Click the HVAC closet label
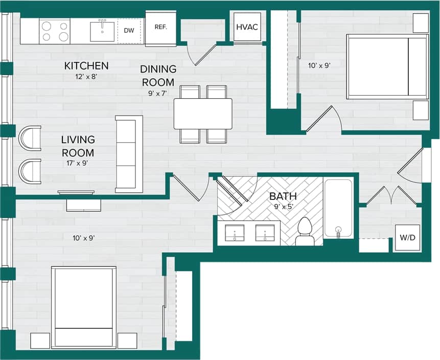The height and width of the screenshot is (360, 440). click(x=247, y=28)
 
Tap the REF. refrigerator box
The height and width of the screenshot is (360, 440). click(x=160, y=28)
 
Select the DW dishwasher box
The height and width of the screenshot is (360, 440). click(x=129, y=31)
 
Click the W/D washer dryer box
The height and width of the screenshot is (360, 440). click(x=407, y=238)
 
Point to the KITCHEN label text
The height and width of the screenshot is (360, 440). click(x=86, y=66)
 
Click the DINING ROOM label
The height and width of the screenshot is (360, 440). click(x=158, y=75)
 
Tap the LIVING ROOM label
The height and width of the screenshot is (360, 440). click(x=78, y=146)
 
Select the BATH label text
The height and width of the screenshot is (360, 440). click(x=283, y=196)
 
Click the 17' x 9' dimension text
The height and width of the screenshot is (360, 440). click(x=78, y=164)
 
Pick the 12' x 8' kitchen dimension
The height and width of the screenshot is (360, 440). click(x=86, y=77)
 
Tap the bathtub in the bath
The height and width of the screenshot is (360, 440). click(x=338, y=208)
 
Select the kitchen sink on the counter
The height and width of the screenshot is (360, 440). click(x=102, y=31)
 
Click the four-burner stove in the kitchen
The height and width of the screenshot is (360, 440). click(x=55, y=31)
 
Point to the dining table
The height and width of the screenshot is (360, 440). click(x=203, y=114)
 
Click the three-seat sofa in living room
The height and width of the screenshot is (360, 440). click(x=129, y=154)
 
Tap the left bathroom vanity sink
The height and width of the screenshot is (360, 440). click(x=235, y=233)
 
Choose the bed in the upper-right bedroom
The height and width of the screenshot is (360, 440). click(x=387, y=66)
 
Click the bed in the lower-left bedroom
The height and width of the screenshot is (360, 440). click(x=83, y=307)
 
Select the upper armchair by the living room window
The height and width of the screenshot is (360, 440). click(x=30, y=138)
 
